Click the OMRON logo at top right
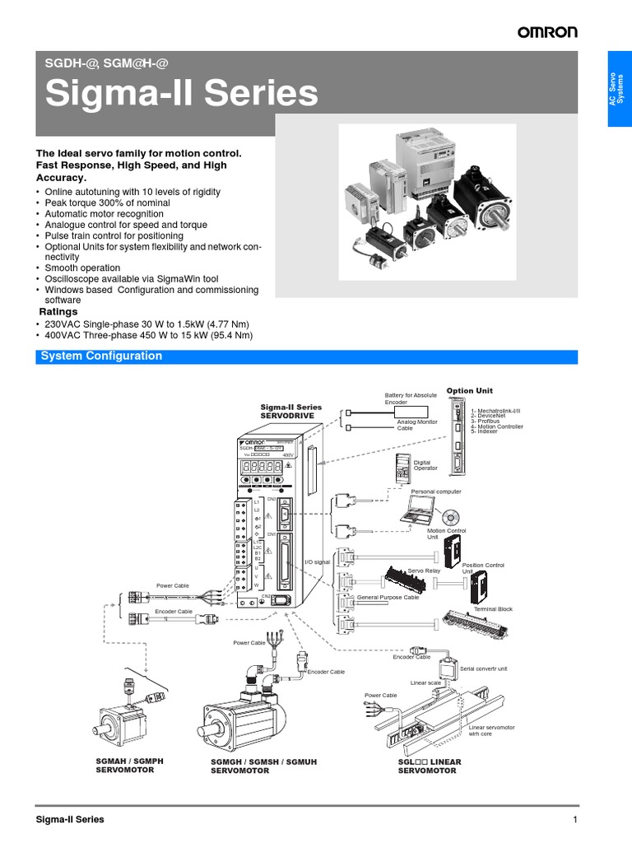coord(547,32)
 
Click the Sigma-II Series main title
coord(181,93)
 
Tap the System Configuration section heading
coord(101,356)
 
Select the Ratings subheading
coord(59,312)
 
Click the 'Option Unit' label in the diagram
coord(470,390)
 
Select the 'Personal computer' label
coord(436,491)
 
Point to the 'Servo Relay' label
coord(424,570)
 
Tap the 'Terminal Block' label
coord(493,609)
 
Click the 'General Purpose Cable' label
coord(388,597)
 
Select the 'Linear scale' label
coord(425,682)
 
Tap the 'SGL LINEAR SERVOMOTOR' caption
coord(429,766)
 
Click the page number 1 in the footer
coord(575,820)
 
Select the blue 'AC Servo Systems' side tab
coord(619,88)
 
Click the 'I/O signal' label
coord(317,562)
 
